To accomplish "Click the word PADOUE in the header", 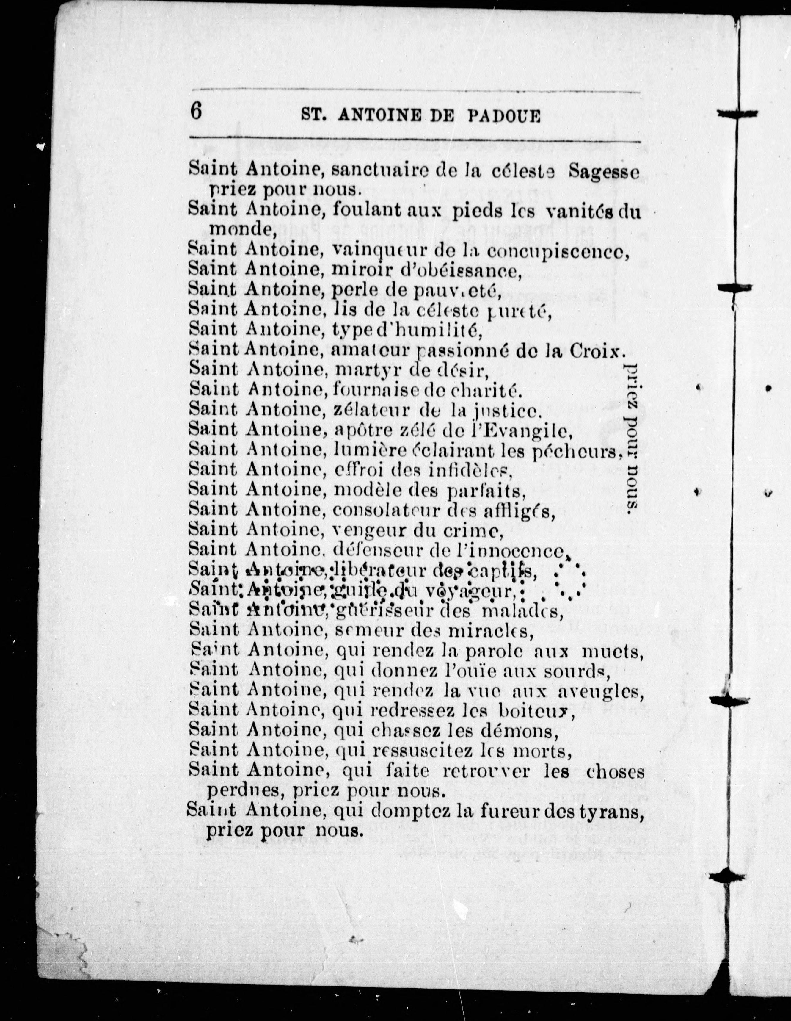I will [504, 115].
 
